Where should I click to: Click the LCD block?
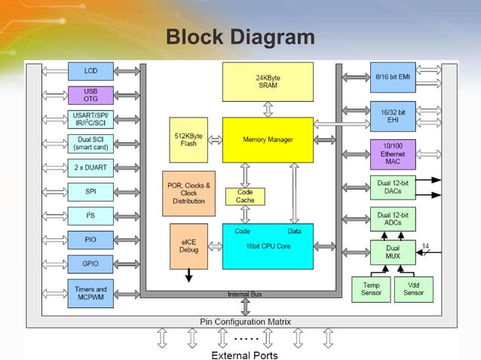91,72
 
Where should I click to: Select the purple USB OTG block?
91,95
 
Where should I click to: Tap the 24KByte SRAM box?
267,82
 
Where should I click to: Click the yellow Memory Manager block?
267,140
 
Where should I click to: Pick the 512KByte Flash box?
188,140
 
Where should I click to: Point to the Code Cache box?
245,197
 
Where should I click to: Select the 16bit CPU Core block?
267,246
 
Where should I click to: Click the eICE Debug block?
188,246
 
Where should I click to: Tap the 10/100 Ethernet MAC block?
393,154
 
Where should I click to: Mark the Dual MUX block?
393,252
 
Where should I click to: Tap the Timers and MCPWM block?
91,293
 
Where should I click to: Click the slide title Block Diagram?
240,37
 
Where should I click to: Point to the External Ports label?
244,355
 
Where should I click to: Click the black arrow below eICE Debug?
188,276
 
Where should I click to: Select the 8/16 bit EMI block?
393,77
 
